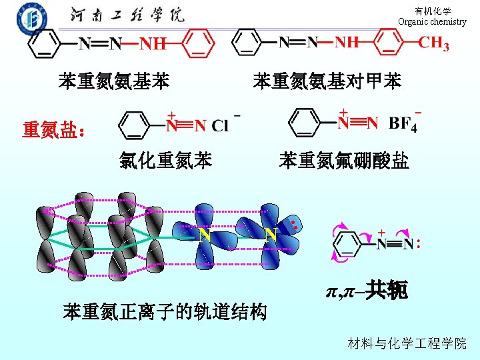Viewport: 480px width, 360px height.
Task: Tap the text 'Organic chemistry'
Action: (x=432, y=21)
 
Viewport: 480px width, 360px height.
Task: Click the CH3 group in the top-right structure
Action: (x=433, y=44)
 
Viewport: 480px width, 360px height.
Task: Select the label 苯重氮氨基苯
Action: (x=114, y=82)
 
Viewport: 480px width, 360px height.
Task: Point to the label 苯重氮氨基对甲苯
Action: (x=327, y=82)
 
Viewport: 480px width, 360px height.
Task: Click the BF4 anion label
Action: (x=403, y=123)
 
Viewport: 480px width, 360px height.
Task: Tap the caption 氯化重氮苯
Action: (x=166, y=161)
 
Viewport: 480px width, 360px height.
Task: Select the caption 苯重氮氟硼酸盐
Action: (x=344, y=161)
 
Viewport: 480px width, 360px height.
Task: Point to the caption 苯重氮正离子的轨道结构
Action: (x=165, y=311)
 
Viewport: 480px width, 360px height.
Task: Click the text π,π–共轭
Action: (x=366, y=291)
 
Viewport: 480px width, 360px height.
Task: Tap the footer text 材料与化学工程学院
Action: (x=407, y=343)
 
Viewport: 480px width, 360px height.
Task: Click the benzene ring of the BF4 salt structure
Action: (x=307, y=123)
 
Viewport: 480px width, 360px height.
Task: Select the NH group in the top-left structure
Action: (x=153, y=45)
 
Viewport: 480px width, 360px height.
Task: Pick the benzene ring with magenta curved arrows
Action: (x=349, y=243)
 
